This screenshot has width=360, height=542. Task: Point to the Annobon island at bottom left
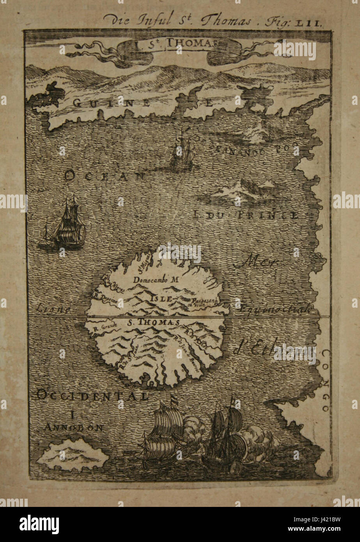(73, 454)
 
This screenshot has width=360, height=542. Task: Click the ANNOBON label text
(73, 427)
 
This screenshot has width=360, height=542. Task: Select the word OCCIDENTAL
(92, 396)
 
